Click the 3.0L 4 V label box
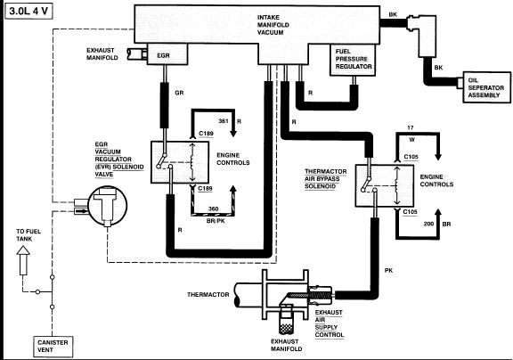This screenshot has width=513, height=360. point(28,11)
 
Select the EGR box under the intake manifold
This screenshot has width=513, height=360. point(167,54)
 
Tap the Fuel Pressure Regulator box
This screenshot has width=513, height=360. point(353,60)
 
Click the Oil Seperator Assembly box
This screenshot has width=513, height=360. point(486,87)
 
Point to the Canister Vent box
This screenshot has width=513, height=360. point(53,347)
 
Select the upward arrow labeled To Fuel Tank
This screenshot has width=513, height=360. point(23,260)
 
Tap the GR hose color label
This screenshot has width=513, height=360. point(179,93)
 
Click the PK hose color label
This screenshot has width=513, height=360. point(388,271)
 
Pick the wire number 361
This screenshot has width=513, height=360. point(224,121)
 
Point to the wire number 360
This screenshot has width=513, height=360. point(214,209)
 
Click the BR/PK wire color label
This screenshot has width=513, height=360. point(216,221)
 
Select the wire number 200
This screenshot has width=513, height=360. point(428,224)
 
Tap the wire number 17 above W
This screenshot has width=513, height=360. point(411,127)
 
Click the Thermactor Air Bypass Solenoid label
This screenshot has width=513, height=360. point(326,179)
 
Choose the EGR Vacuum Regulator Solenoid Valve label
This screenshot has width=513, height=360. point(119,160)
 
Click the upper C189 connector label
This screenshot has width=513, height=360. point(206,134)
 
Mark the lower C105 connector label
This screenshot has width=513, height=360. point(410,212)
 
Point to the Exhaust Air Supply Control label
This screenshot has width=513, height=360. point(330,323)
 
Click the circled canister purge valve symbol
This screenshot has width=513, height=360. point(107,206)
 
